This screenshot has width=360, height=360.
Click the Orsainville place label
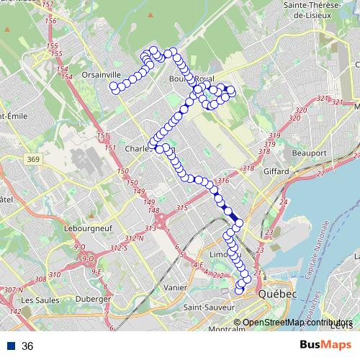tap(81, 73)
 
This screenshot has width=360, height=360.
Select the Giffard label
tap(276, 171)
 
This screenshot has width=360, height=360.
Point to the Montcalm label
tap(227, 330)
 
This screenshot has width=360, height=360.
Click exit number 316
tap(223, 181)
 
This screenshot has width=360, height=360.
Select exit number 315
tap(181, 208)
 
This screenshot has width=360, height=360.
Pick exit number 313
tap(150, 228)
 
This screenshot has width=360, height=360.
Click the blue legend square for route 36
tap(11, 346)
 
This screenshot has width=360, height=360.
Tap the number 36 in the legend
tap(28, 346)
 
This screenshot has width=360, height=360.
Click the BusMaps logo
tap(326, 345)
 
